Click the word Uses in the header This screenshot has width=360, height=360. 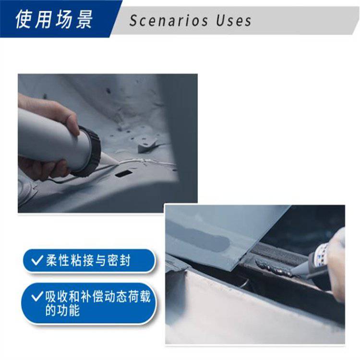click(233, 21)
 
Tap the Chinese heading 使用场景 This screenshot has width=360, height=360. click(54, 19)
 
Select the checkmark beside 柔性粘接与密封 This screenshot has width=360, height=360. click(37, 260)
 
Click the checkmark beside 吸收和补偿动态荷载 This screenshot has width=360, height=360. click(37, 297)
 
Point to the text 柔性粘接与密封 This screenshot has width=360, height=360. click(88, 260)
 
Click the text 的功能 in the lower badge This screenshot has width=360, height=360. click(62, 310)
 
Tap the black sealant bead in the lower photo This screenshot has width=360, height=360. click(274, 267)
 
